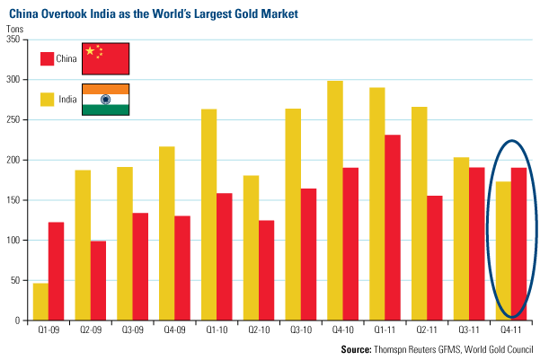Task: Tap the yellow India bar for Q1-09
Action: click(41, 302)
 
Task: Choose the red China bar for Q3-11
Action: click(475, 243)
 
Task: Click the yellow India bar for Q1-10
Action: click(209, 215)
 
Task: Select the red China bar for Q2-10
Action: click(267, 270)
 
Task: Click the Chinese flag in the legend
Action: click(106, 58)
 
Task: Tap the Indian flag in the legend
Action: click(106, 99)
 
